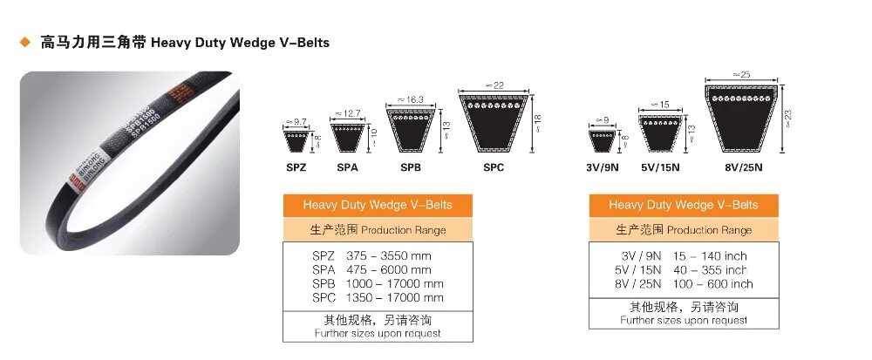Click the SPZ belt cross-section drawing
[x=293, y=139]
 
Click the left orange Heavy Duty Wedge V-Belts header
[x=378, y=206]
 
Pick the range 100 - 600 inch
[x=712, y=284]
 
